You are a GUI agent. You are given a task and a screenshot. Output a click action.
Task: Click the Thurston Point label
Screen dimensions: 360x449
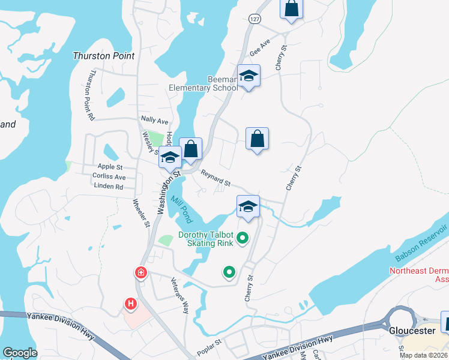point(103,56)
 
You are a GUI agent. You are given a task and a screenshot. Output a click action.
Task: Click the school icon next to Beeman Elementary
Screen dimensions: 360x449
point(248,76)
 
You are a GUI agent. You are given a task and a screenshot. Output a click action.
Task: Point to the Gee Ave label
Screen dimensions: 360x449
point(260,46)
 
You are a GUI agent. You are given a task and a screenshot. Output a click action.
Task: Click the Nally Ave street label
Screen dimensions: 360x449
point(154,121)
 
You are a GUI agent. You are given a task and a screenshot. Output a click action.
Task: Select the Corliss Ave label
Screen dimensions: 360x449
point(109,177)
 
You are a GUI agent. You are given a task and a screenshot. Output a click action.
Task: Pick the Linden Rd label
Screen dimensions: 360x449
point(108,187)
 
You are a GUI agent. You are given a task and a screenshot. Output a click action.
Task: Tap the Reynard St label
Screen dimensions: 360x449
point(215,178)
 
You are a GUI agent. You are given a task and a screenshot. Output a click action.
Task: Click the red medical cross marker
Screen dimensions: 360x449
point(141,273)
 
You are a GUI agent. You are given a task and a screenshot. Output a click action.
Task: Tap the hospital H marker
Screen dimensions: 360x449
point(130,288)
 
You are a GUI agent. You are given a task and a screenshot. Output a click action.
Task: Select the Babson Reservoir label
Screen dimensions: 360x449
point(421,242)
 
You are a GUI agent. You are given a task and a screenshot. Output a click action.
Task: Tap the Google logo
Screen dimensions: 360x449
point(20,352)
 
